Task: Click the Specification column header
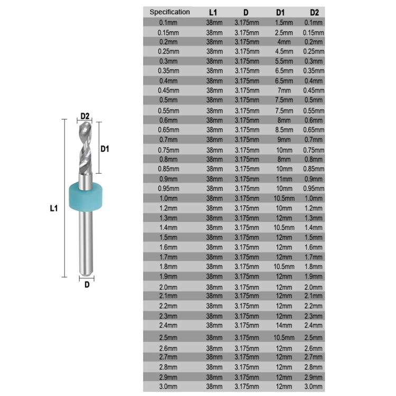(169, 12)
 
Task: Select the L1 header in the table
(213, 12)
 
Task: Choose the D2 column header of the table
(314, 12)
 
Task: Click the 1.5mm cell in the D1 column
(284, 22)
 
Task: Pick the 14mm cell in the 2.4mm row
(284, 325)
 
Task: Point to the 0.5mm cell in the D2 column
(314, 100)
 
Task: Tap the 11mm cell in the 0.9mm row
(284, 178)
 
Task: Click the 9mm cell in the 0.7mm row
(284, 139)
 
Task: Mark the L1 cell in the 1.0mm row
(213, 198)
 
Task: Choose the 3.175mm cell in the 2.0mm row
(247, 287)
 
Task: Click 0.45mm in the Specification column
(169, 91)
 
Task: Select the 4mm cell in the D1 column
(284, 42)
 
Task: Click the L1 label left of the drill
(53, 209)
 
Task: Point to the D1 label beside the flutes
(105, 149)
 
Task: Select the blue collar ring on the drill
(86, 195)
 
